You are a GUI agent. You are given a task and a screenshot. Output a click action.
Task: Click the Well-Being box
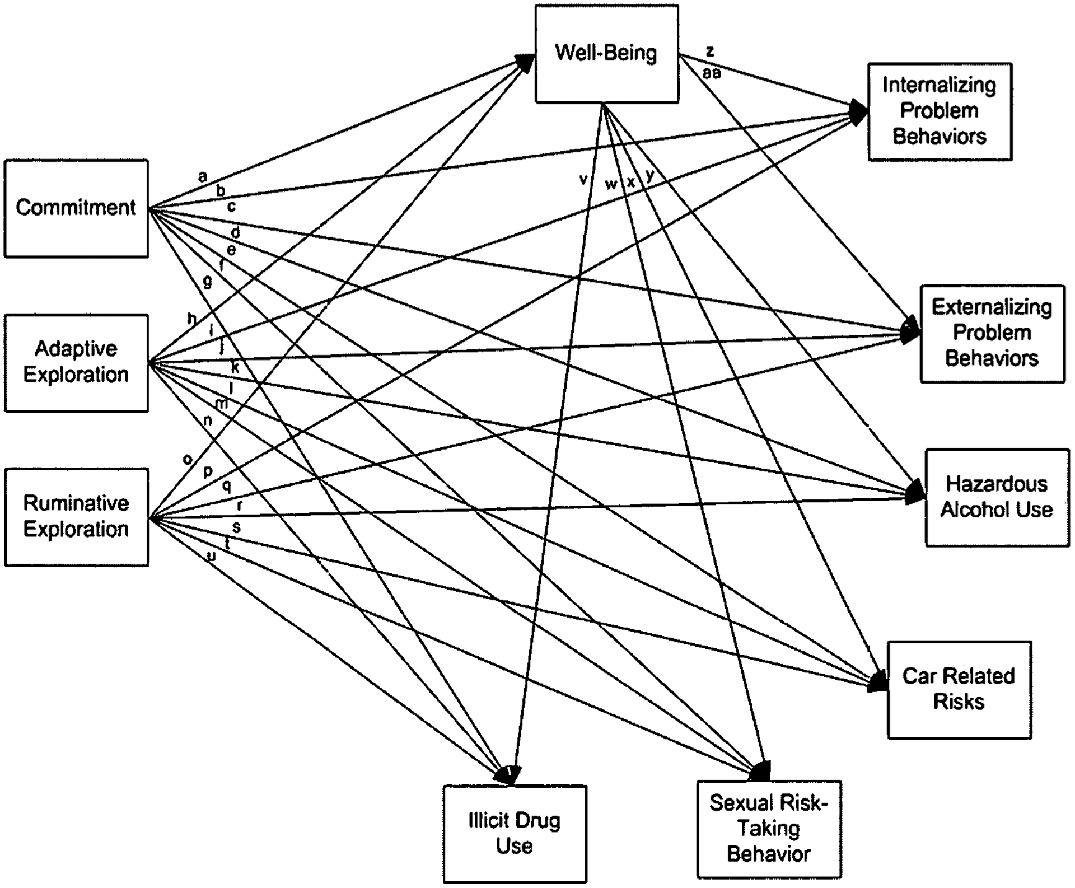click(606, 54)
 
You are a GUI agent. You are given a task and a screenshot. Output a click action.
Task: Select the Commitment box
click(76, 208)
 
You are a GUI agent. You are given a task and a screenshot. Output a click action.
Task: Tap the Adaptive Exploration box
click(76, 363)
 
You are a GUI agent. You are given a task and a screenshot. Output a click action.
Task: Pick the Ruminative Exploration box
click(77, 517)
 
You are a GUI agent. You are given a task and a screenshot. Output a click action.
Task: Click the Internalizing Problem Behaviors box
click(940, 111)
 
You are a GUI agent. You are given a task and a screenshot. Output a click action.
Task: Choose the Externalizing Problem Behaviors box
click(992, 333)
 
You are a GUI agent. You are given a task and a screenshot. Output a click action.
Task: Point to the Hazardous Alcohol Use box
click(997, 497)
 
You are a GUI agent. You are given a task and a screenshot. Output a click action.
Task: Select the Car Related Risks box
click(959, 689)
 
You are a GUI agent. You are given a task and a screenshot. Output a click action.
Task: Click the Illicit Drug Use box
click(515, 833)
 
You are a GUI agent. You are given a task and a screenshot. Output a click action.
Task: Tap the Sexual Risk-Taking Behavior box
click(769, 829)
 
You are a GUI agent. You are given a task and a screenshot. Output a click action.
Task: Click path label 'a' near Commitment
click(203, 176)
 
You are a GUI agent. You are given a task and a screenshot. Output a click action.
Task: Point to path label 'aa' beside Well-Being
click(712, 73)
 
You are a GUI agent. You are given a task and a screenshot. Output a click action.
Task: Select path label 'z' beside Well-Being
click(710, 52)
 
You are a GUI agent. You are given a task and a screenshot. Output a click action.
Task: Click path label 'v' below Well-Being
click(583, 180)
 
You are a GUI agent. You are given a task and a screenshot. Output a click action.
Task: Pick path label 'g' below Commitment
click(208, 281)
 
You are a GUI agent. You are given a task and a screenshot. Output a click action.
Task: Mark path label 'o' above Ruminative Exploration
click(188, 460)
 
